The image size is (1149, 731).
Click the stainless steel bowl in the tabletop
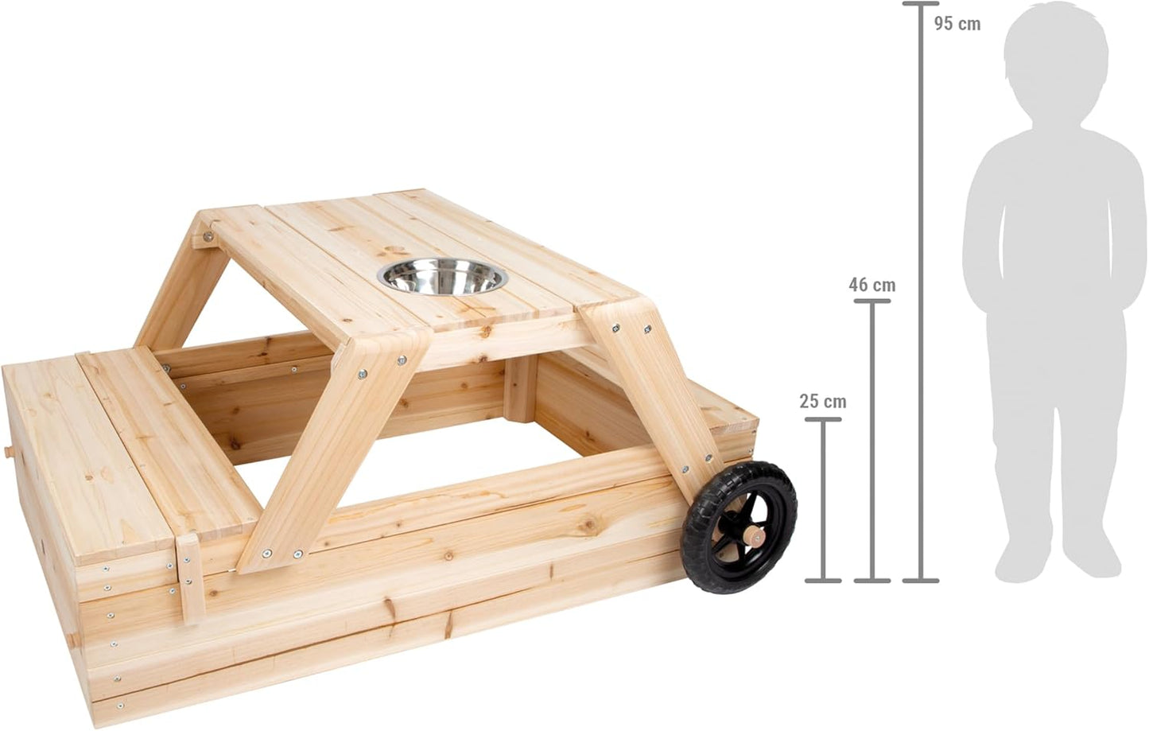(442, 277)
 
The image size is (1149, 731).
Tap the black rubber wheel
(739, 527)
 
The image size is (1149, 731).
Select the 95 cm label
(957, 24)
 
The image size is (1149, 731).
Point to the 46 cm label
(872, 285)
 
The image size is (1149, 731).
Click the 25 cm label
(823, 402)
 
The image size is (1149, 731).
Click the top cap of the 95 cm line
(921, 4)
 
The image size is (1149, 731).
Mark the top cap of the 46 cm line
(872, 301)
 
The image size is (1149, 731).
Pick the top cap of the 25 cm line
(823, 420)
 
